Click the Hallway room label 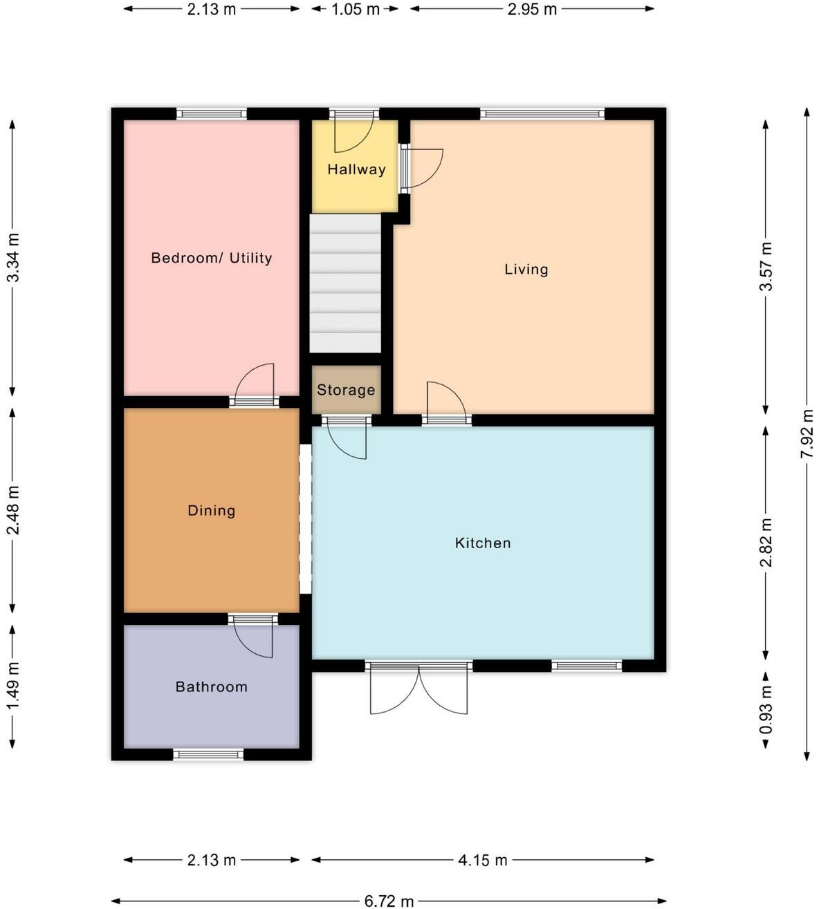point(356,169)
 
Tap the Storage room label point(346,390)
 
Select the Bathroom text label point(211,686)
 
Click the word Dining point(211,511)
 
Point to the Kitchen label point(483,543)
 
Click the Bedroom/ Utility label point(211,258)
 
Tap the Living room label point(526,270)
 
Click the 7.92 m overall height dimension point(807,433)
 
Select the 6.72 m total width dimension point(389,901)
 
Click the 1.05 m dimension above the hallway point(356,9)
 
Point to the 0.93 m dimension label point(766,710)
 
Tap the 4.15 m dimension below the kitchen point(482,860)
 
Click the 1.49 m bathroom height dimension point(12,686)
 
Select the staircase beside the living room point(345,283)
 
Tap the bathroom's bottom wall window point(208,754)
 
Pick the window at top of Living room point(542,114)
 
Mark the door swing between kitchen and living point(445,401)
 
